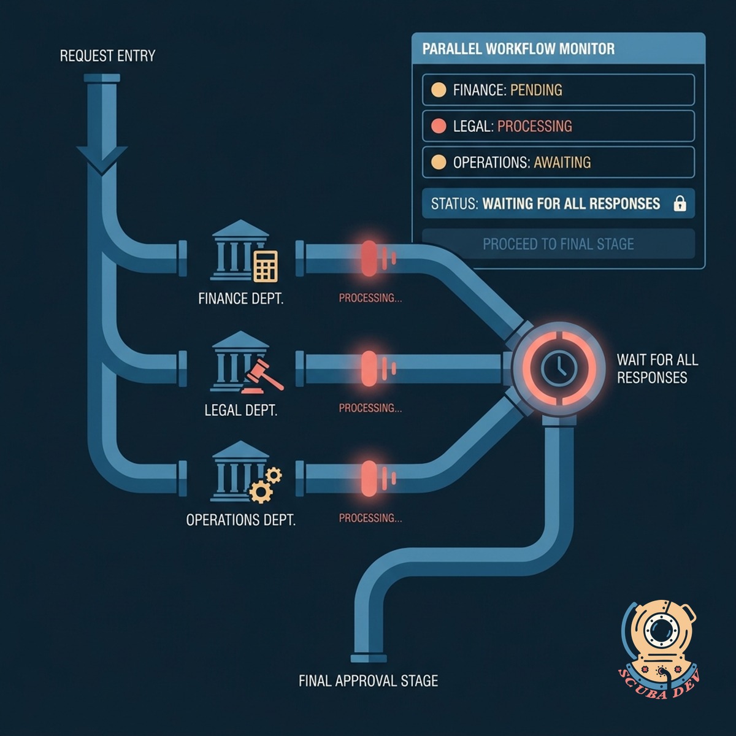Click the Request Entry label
pyautogui.click(x=108, y=56)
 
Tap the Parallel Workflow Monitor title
pyautogui.click(x=518, y=49)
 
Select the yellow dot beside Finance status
pyautogui.click(x=439, y=90)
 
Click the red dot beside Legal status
pyautogui.click(x=439, y=126)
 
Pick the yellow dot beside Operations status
pyautogui.click(x=439, y=163)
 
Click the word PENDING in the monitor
pyautogui.click(x=536, y=90)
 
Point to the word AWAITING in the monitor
pyautogui.click(x=562, y=163)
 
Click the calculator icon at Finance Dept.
pyautogui.click(x=266, y=266)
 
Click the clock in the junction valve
pyautogui.click(x=559, y=367)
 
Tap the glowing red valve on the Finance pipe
pyautogui.click(x=369, y=259)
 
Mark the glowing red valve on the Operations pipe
pyautogui.click(x=369, y=478)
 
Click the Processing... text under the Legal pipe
pyautogui.click(x=370, y=408)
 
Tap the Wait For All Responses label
pyautogui.click(x=657, y=369)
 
